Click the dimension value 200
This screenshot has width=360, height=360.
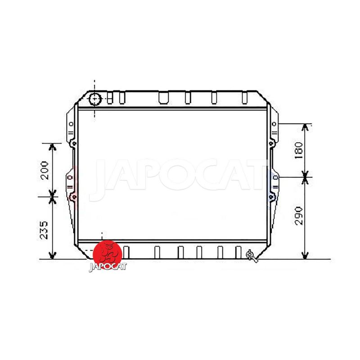[x=45, y=170]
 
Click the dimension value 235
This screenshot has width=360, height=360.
[x=44, y=230]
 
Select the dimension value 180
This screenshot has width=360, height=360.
[x=299, y=150]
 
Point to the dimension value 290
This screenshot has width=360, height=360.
[x=299, y=216]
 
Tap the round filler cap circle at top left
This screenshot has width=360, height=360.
[x=95, y=99]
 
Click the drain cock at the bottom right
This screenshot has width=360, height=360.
[x=252, y=256]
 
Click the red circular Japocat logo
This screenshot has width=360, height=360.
[x=107, y=254]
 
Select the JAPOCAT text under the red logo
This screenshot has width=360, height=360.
[x=108, y=266]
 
